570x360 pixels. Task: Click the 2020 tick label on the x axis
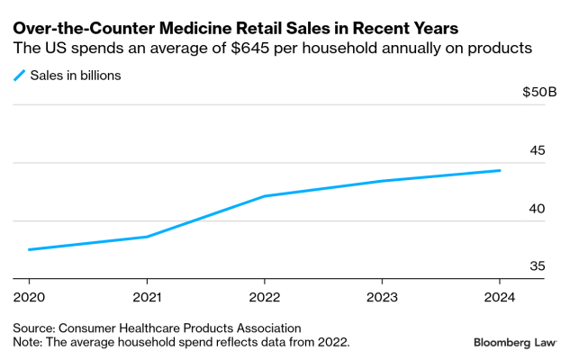click(30, 297)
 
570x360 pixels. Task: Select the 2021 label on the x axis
click(147, 297)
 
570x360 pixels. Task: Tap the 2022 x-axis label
click(265, 297)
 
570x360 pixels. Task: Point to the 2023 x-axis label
click(382, 297)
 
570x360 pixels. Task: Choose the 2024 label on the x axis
click(499, 297)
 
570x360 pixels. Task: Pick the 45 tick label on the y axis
click(536, 150)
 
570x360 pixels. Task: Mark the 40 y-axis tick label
click(536, 209)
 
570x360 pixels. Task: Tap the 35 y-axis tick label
click(536, 266)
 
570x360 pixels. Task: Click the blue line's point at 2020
click(30, 249)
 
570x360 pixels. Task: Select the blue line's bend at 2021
click(147, 237)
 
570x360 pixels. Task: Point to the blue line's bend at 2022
click(265, 196)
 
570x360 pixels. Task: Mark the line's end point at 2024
click(499, 170)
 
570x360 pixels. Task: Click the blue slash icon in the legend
click(19, 76)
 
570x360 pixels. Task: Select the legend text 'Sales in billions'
click(76, 76)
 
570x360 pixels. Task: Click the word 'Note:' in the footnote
click(30, 342)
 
